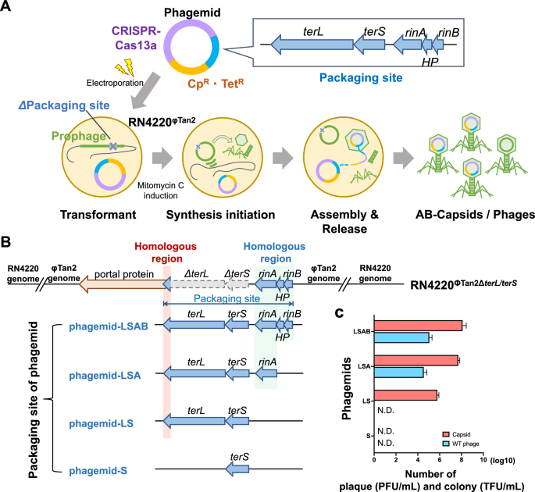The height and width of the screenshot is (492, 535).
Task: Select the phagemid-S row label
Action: pyautogui.click(x=96, y=470)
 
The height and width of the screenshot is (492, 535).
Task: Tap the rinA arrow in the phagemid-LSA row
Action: pyautogui.click(x=266, y=375)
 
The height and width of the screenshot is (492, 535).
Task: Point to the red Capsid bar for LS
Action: pyautogui.click(x=405, y=395)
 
